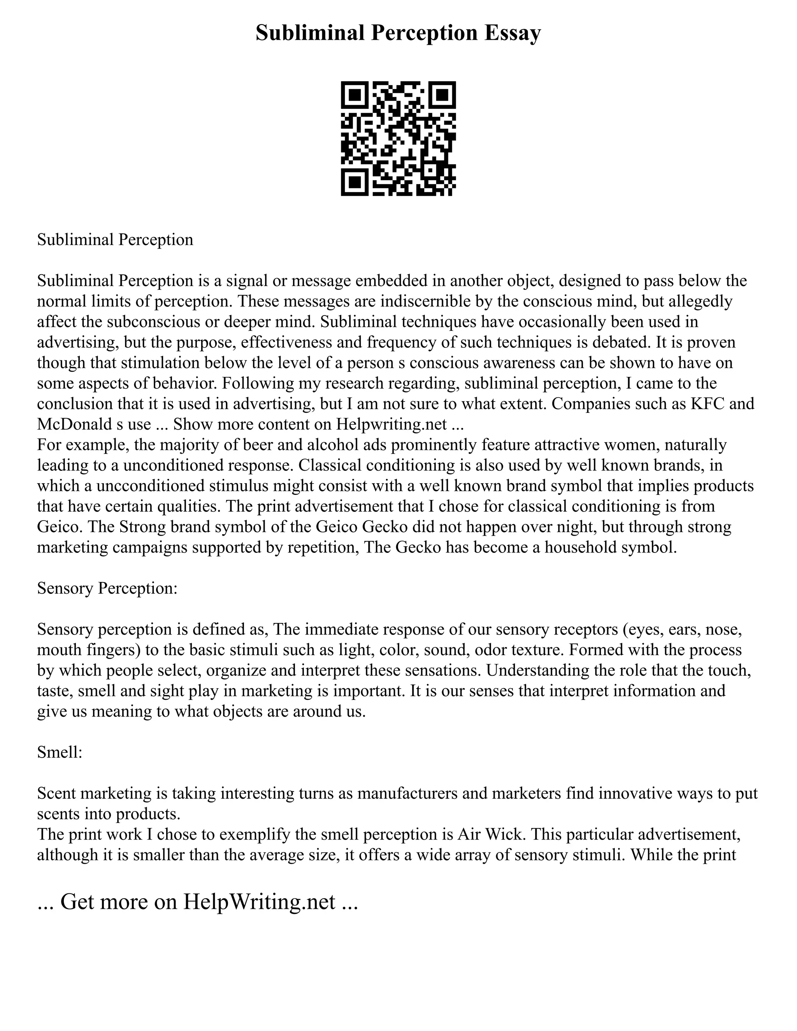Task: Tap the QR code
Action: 398,139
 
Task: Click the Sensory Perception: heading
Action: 107,588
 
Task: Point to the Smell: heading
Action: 60,752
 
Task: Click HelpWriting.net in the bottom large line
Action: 259,902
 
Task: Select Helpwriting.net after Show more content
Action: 391,424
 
